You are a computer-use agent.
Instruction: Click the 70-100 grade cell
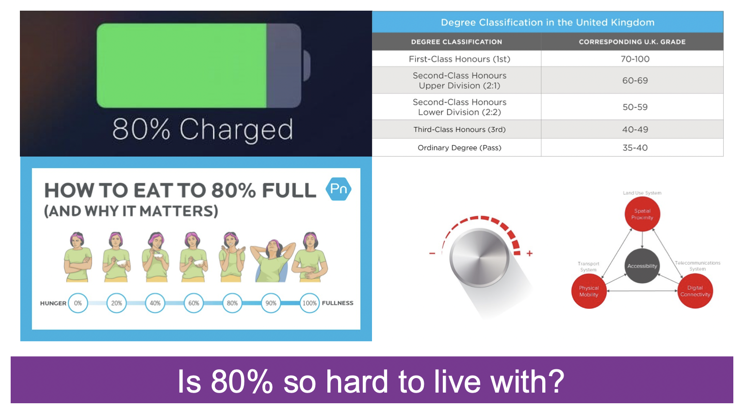pyautogui.click(x=635, y=59)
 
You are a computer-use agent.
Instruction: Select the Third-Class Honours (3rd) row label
pyautogui.click(x=459, y=129)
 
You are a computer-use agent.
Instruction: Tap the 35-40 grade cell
pyautogui.click(x=635, y=148)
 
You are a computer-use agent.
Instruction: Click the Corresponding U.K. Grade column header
pyautogui.click(x=632, y=42)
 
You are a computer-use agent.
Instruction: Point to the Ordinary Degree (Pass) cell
pyautogui.click(x=459, y=148)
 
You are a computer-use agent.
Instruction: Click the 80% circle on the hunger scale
pyautogui.click(x=232, y=303)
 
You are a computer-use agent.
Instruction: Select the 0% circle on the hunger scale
pyautogui.click(x=78, y=303)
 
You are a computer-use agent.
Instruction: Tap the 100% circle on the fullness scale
pyautogui.click(x=309, y=303)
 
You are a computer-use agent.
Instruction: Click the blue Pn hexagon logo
pyautogui.click(x=339, y=189)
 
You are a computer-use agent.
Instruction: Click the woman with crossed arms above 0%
pyautogui.click(x=78, y=257)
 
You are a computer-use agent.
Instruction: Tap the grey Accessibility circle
pyautogui.click(x=642, y=266)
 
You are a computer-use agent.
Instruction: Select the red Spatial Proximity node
pyautogui.click(x=642, y=214)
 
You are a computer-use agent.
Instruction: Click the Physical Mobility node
pyautogui.click(x=589, y=291)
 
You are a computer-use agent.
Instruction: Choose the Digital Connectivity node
pyautogui.click(x=695, y=291)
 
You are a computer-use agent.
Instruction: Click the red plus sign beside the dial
pyautogui.click(x=530, y=253)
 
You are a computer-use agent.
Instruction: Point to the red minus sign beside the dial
pyautogui.click(x=432, y=253)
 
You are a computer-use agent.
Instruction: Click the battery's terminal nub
pyautogui.click(x=307, y=66)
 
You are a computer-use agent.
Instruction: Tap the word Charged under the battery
pyautogui.click(x=236, y=130)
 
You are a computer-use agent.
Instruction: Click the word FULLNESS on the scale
pyautogui.click(x=338, y=303)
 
